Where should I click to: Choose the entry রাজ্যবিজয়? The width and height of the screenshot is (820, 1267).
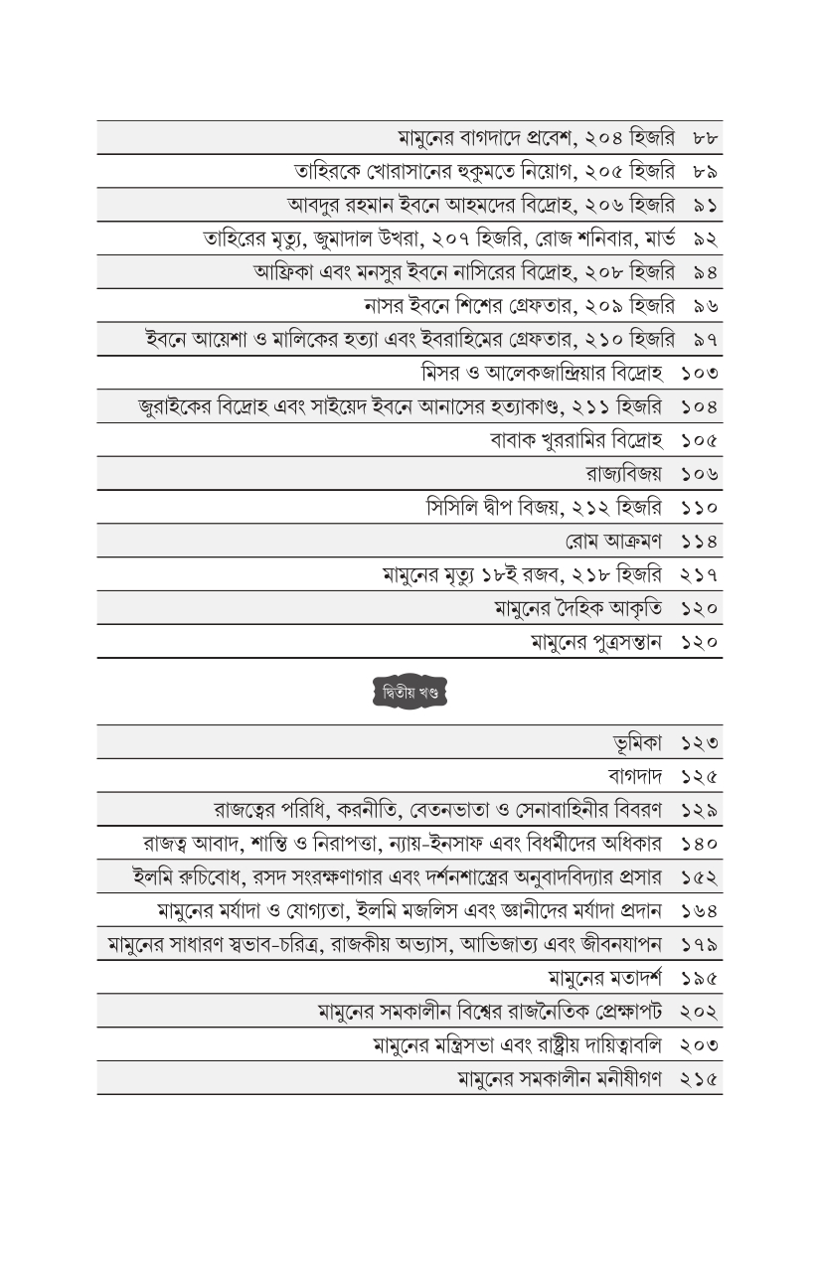(624, 474)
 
